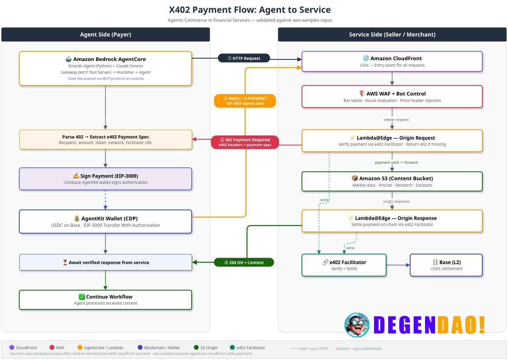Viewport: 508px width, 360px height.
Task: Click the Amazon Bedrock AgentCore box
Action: [x=105, y=68]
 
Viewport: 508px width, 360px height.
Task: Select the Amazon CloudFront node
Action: [x=392, y=61]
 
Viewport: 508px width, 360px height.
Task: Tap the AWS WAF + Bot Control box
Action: [x=392, y=97]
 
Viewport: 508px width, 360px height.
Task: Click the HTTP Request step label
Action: [x=244, y=58]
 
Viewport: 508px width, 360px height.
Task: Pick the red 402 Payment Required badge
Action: [x=245, y=142]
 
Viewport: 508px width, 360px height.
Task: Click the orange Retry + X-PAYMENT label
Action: [x=245, y=101]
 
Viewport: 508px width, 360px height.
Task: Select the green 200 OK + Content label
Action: [x=244, y=262]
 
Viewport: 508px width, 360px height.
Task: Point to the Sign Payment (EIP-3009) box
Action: [x=105, y=179]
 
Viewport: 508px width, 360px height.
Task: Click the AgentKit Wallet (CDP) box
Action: [x=105, y=222]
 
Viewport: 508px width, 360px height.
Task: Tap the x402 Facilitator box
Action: [x=344, y=265]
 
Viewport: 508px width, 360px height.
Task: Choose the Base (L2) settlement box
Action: [x=446, y=265]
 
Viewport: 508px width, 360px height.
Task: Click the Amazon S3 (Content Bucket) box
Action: [x=392, y=181]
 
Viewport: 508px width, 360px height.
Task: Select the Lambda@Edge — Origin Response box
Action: [x=392, y=221]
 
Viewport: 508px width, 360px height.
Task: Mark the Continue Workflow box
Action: [x=105, y=300]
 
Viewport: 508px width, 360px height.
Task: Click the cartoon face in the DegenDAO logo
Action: [x=357, y=325]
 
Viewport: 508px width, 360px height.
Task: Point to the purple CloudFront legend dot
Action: [x=12, y=348]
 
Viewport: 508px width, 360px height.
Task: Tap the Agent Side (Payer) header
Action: [x=105, y=35]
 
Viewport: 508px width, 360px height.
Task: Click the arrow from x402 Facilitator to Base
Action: [x=398, y=265]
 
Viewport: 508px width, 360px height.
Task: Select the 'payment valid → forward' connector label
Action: [x=396, y=163]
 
